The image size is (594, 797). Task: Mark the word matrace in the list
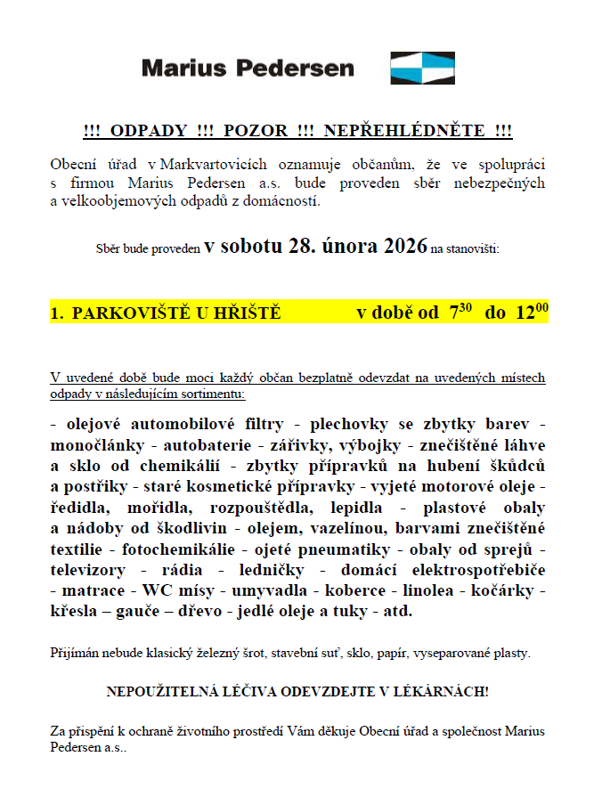pos(89,591)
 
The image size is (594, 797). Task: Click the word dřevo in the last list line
pos(201,613)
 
